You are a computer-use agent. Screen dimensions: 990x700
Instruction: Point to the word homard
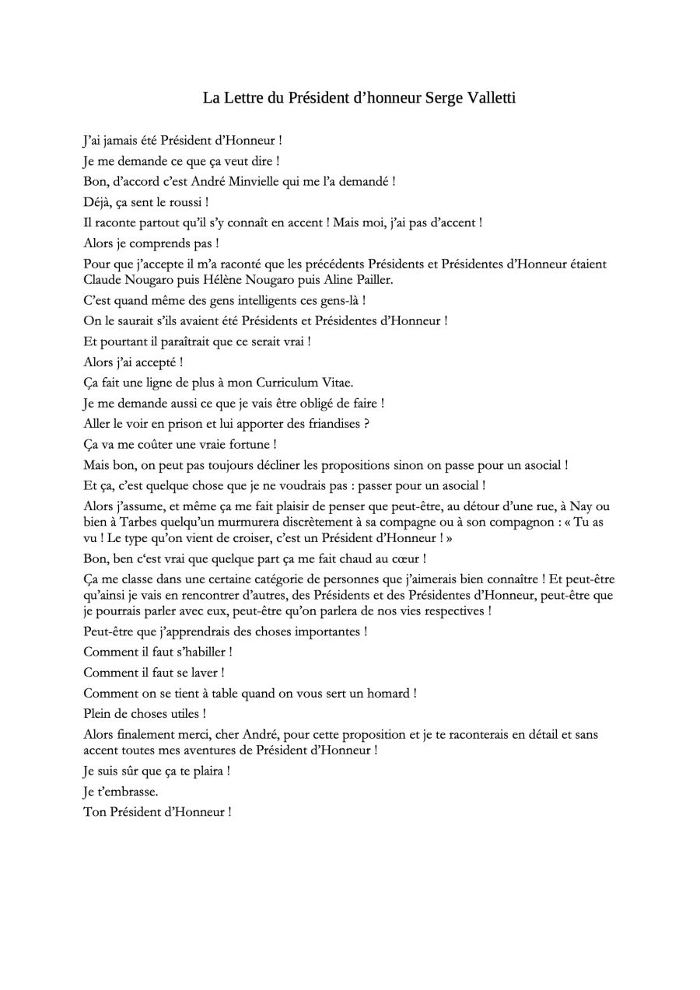(x=381, y=693)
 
